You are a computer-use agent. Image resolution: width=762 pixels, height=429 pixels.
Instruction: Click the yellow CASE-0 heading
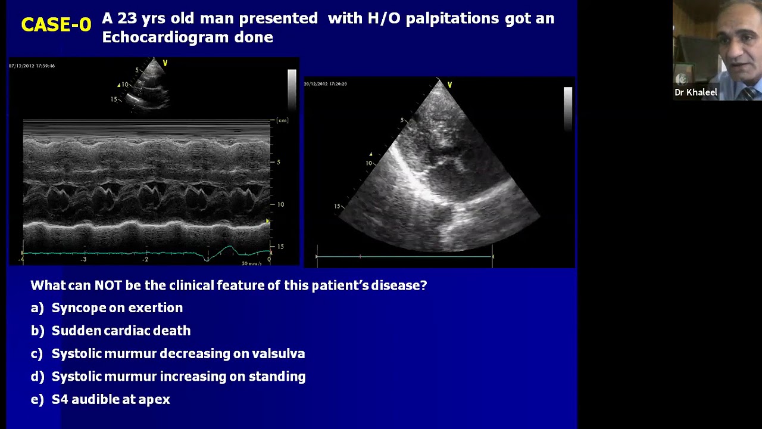[x=56, y=24]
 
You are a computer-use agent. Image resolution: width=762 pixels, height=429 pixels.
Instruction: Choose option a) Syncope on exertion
[x=117, y=308]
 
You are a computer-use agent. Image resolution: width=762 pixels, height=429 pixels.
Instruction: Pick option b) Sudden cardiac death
[x=121, y=331]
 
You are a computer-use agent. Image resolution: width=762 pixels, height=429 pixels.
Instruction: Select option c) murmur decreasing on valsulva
[x=178, y=354]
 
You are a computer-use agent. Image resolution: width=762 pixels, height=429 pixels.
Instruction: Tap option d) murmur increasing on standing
[x=178, y=377]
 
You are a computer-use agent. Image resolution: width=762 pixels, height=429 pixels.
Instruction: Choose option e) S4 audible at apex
[x=111, y=400]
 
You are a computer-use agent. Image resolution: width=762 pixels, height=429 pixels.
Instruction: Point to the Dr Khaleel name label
[x=695, y=92]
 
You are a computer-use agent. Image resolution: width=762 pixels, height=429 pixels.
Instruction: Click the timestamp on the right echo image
[x=325, y=84]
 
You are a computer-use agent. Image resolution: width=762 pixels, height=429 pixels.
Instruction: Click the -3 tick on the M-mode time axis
[x=84, y=259]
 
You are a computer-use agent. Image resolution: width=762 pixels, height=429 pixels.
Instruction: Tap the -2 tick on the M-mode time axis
[x=145, y=259]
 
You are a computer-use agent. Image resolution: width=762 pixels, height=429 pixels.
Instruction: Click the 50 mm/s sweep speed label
[x=251, y=263]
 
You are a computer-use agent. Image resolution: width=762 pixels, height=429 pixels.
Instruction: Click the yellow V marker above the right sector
[x=449, y=85]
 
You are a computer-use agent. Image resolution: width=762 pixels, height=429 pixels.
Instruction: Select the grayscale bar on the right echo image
[x=567, y=107]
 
